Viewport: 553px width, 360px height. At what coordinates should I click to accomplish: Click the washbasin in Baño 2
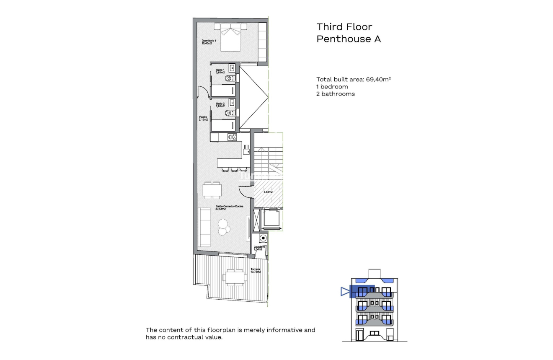coord(232,102)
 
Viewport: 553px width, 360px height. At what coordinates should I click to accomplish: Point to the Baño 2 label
coord(220,105)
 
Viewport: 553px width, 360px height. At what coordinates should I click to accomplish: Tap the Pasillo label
coord(203,119)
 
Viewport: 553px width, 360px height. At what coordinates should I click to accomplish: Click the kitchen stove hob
coord(232,137)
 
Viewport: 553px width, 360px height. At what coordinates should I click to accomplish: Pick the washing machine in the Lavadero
coord(263,238)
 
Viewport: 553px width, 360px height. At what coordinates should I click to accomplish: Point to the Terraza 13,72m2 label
coord(256,270)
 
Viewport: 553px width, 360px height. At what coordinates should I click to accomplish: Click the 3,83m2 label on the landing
coord(268,192)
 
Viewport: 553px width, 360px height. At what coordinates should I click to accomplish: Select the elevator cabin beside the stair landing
coord(271,219)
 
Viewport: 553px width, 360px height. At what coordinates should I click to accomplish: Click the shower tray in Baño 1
coord(222,91)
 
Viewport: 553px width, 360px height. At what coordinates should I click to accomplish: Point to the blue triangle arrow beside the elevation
coord(345,291)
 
